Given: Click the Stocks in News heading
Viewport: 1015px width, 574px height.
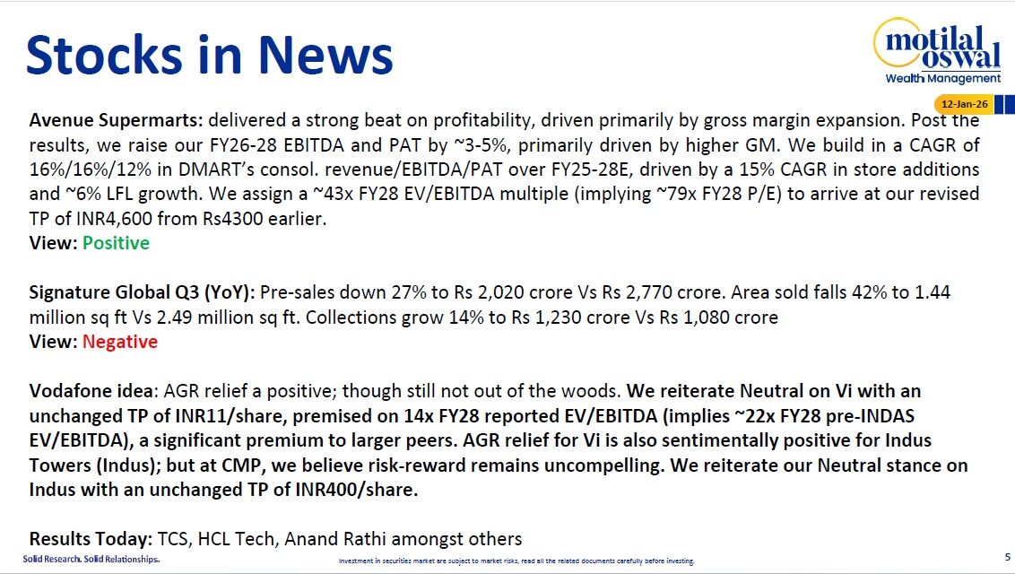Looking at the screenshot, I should coord(210,54).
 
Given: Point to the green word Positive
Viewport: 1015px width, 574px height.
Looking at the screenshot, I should coord(116,243).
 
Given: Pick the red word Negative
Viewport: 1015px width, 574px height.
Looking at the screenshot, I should coord(119,342).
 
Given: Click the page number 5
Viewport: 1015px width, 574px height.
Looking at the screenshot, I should coord(1007,557).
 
